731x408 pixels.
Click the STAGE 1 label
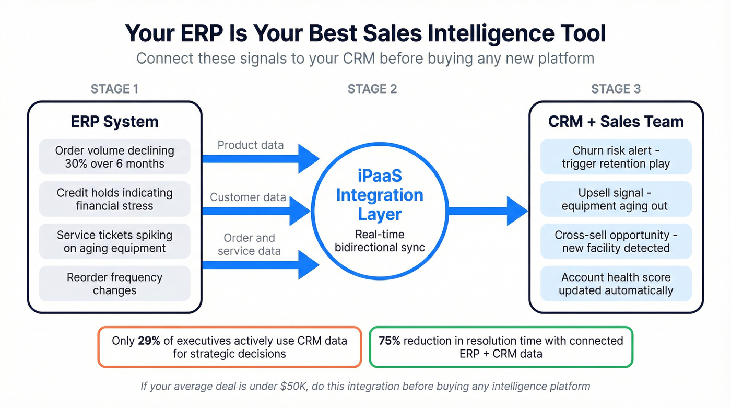pyautogui.click(x=114, y=89)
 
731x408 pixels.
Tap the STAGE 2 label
pyautogui.click(x=372, y=89)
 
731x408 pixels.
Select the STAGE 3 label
pyautogui.click(x=616, y=89)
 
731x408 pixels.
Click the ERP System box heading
pyautogui.click(x=114, y=122)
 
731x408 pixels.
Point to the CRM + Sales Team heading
pyautogui.click(x=616, y=122)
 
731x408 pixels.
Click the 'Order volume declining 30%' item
pyautogui.click(x=114, y=157)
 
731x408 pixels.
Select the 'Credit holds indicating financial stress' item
pyautogui.click(x=114, y=199)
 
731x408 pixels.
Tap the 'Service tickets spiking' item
pyautogui.click(x=114, y=241)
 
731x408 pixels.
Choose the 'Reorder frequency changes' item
pyautogui.click(x=114, y=284)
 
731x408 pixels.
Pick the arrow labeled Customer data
pyautogui.click(x=256, y=211)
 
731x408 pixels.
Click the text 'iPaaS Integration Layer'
pyautogui.click(x=380, y=195)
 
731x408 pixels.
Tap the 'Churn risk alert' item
pyautogui.click(x=616, y=157)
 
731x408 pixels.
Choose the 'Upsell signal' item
pyautogui.click(x=616, y=199)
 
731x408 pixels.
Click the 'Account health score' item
pyautogui.click(x=616, y=284)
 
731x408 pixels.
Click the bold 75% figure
pyautogui.click(x=389, y=341)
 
